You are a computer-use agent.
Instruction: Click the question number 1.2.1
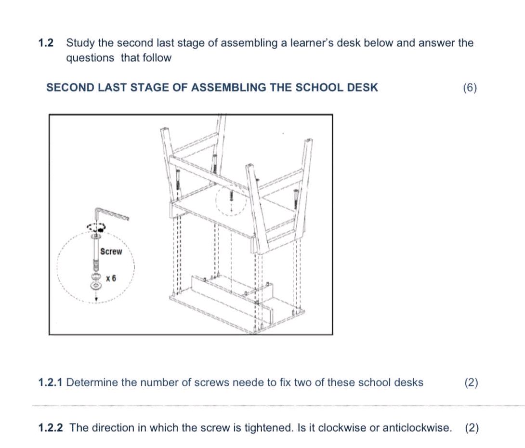[51, 383]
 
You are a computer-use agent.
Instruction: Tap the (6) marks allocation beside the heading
[469, 88]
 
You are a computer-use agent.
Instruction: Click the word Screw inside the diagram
[111, 251]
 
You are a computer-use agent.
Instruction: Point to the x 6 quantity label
[111, 278]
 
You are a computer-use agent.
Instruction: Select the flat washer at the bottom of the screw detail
[96, 286]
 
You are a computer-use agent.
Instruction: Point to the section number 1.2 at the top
[45, 43]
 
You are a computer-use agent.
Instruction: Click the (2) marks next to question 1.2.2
[472, 428]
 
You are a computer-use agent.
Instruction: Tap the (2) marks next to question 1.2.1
[471, 383]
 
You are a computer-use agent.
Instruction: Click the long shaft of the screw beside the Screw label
[95, 250]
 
